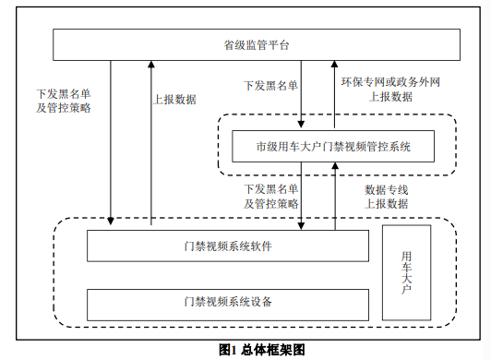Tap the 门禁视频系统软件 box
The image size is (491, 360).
pyautogui.click(x=227, y=246)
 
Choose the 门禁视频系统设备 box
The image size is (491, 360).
pyautogui.click(x=227, y=302)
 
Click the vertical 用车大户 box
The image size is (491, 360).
pyautogui.click(x=406, y=272)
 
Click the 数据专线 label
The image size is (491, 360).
pyautogui.click(x=386, y=189)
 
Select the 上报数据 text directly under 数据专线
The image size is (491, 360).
pyautogui.click(x=386, y=204)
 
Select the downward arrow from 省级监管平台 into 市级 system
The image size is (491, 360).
pyautogui.click(x=302, y=92)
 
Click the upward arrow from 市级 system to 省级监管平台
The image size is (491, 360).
pyautogui.click(x=335, y=92)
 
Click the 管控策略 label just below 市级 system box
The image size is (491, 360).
pyautogui.click(x=270, y=203)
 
